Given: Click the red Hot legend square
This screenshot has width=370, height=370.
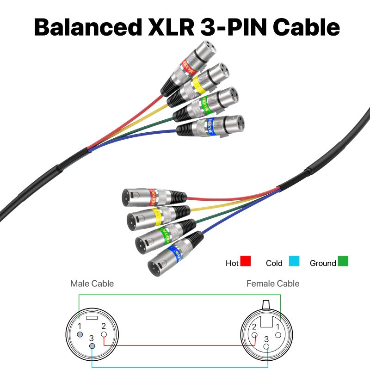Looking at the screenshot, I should tap(246, 261).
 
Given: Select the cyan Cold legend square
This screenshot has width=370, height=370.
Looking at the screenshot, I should tap(294, 261).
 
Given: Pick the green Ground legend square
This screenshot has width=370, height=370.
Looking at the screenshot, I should tap(343, 261).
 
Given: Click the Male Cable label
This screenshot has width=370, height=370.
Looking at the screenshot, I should tap(92, 284).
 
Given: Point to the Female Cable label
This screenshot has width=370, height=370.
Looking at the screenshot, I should tap(273, 284).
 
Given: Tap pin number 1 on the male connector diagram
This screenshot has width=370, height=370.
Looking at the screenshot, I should tap(80, 334).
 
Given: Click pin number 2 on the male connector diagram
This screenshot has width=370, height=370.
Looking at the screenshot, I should tap(104, 334).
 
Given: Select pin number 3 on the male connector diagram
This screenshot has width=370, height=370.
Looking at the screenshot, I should tap(92, 346).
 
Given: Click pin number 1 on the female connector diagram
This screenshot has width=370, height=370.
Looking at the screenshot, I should tap(278, 334).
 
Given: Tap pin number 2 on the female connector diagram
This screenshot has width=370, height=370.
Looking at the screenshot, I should tap(254, 334).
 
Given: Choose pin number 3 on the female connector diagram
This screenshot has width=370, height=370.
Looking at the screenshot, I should tap(266, 346).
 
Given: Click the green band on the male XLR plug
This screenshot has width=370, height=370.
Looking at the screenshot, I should tap(163, 234).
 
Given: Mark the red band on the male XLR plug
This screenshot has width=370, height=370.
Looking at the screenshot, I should tap(151, 196).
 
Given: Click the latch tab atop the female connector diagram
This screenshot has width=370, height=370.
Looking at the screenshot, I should tap(266, 305).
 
